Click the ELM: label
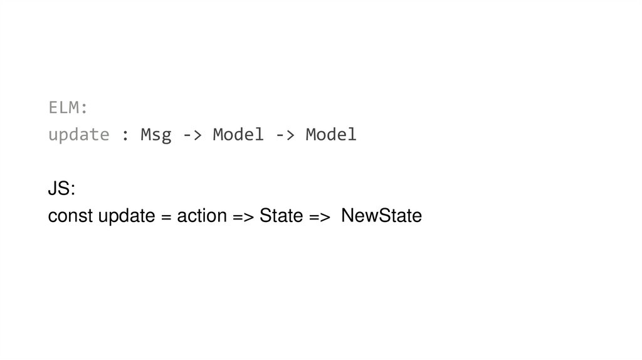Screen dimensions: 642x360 click(68, 108)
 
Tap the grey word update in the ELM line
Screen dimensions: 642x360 click(79, 135)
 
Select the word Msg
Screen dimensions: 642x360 click(155, 135)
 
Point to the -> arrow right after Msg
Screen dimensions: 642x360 click(192, 135)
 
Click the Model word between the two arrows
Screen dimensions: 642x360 click(238, 135)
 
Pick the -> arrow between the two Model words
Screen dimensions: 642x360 click(285, 135)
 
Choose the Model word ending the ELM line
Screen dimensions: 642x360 click(331, 135)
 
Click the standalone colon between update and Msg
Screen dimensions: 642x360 click(125, 135)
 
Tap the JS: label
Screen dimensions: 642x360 click(61, 189)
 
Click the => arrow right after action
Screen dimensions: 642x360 click(243, 217)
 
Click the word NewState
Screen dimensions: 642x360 click(382, 216)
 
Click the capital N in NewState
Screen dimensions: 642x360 click(347, 216)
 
